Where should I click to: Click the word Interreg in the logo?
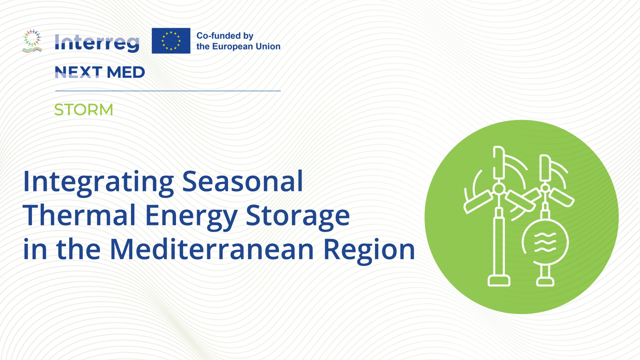[97, 43]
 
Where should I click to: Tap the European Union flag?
[171, 41]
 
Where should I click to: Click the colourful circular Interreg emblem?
[32, 41]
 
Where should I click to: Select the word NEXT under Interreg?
[78, 72]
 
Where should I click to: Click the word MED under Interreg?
[126, 72]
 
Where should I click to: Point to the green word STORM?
[84, 110]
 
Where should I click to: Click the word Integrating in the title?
[98, 182]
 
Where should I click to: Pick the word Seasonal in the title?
[243, 182]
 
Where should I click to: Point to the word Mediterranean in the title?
[212, 249]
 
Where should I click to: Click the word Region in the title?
[369, 250]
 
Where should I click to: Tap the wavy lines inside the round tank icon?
[545, 242]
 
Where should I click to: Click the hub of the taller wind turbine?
[499, 189]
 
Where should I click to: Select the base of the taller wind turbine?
[499, 280]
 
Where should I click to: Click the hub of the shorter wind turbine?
[545, 188]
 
